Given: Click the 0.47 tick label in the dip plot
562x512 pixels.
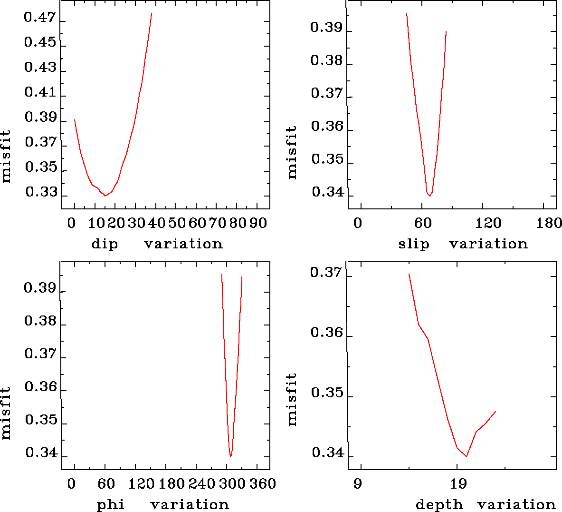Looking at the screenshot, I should coord(40,18).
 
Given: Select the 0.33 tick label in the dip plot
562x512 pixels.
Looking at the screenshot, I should coord(41,192).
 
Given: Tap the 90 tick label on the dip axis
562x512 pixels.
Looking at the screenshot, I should coord(258,223).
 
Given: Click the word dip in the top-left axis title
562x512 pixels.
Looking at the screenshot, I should coord(105,244).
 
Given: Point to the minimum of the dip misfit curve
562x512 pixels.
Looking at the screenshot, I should coord(105,196).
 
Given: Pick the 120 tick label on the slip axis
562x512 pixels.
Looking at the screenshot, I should coord(489,223).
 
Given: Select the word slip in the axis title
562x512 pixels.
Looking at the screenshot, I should coord(413,244).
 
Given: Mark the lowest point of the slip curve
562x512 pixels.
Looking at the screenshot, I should coord(429,196).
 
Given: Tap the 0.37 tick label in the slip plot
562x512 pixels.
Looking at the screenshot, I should coord(326,93).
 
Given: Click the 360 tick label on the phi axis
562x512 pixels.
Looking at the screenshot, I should coord(263,484).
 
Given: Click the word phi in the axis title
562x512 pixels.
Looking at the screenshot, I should coord(111,504).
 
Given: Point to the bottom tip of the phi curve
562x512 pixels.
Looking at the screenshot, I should coord(230,456).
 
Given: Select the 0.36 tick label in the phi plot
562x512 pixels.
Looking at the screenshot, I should coord(40,386).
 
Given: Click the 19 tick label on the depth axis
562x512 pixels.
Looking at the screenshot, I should coord(458,484).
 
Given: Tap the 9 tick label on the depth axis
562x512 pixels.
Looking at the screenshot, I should coord(357,484).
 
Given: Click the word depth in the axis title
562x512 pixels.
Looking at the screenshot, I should coord(439,504).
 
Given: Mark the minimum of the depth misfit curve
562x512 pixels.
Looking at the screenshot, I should coord(467,456).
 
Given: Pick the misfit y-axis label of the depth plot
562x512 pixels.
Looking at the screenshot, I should coord(291,399).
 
